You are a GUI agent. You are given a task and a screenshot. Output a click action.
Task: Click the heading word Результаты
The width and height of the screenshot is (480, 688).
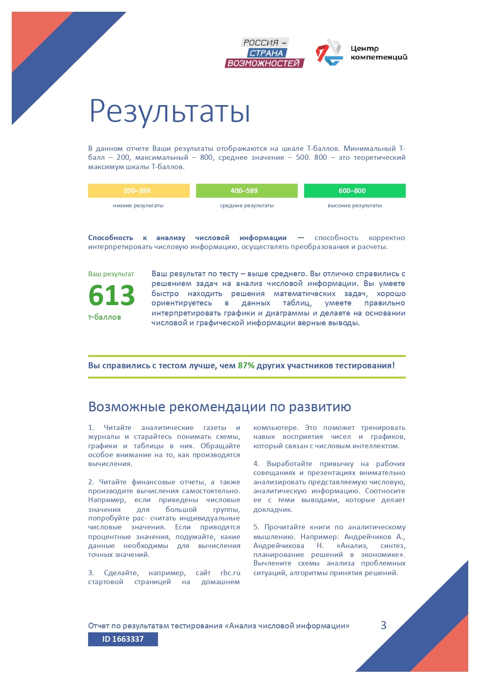tap(169, 111)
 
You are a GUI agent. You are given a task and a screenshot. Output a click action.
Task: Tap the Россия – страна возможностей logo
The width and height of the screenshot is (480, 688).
tap(264, 53)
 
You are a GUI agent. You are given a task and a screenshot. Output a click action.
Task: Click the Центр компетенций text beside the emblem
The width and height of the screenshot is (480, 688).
tap(378, 53)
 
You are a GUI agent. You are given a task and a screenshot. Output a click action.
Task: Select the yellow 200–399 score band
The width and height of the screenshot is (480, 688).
tap(138, 191)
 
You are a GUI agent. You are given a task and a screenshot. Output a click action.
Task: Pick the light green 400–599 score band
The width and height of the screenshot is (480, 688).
tap(246, 191)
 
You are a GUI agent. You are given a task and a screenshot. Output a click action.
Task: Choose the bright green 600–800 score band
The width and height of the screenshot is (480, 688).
tap(355, 191)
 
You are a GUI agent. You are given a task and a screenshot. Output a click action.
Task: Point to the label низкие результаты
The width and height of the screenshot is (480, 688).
tap(138, 206)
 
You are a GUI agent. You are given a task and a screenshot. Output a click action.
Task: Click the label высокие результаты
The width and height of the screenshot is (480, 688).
tap(355, 206)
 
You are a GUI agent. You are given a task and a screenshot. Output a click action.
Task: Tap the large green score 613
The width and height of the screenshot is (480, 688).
tap(112, 295)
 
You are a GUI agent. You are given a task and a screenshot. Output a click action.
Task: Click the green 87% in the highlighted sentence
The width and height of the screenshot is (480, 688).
tap(246, 365)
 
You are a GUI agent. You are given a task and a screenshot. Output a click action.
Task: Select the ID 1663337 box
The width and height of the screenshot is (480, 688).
tap(123, 639)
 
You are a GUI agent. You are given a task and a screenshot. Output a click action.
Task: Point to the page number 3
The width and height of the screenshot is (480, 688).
tap(383, 625)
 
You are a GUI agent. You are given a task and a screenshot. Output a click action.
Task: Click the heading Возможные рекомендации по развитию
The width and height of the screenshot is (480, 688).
tap(219, 406)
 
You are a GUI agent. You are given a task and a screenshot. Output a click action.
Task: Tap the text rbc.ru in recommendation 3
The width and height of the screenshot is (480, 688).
tap(230, 573)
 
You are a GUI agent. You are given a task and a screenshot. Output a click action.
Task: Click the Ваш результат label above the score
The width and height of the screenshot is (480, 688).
tap(111, 274)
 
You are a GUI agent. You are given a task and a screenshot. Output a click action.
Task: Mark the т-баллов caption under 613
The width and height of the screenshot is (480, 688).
tap(104, 317)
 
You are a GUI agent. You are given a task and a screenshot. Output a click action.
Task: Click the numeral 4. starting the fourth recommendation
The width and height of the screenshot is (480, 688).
tap(256, 464)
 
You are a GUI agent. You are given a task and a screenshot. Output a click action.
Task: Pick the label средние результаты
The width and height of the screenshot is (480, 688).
tap(246, 206)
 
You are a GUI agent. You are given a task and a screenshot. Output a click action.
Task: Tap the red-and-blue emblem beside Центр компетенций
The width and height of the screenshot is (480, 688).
tap(329, 52)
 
